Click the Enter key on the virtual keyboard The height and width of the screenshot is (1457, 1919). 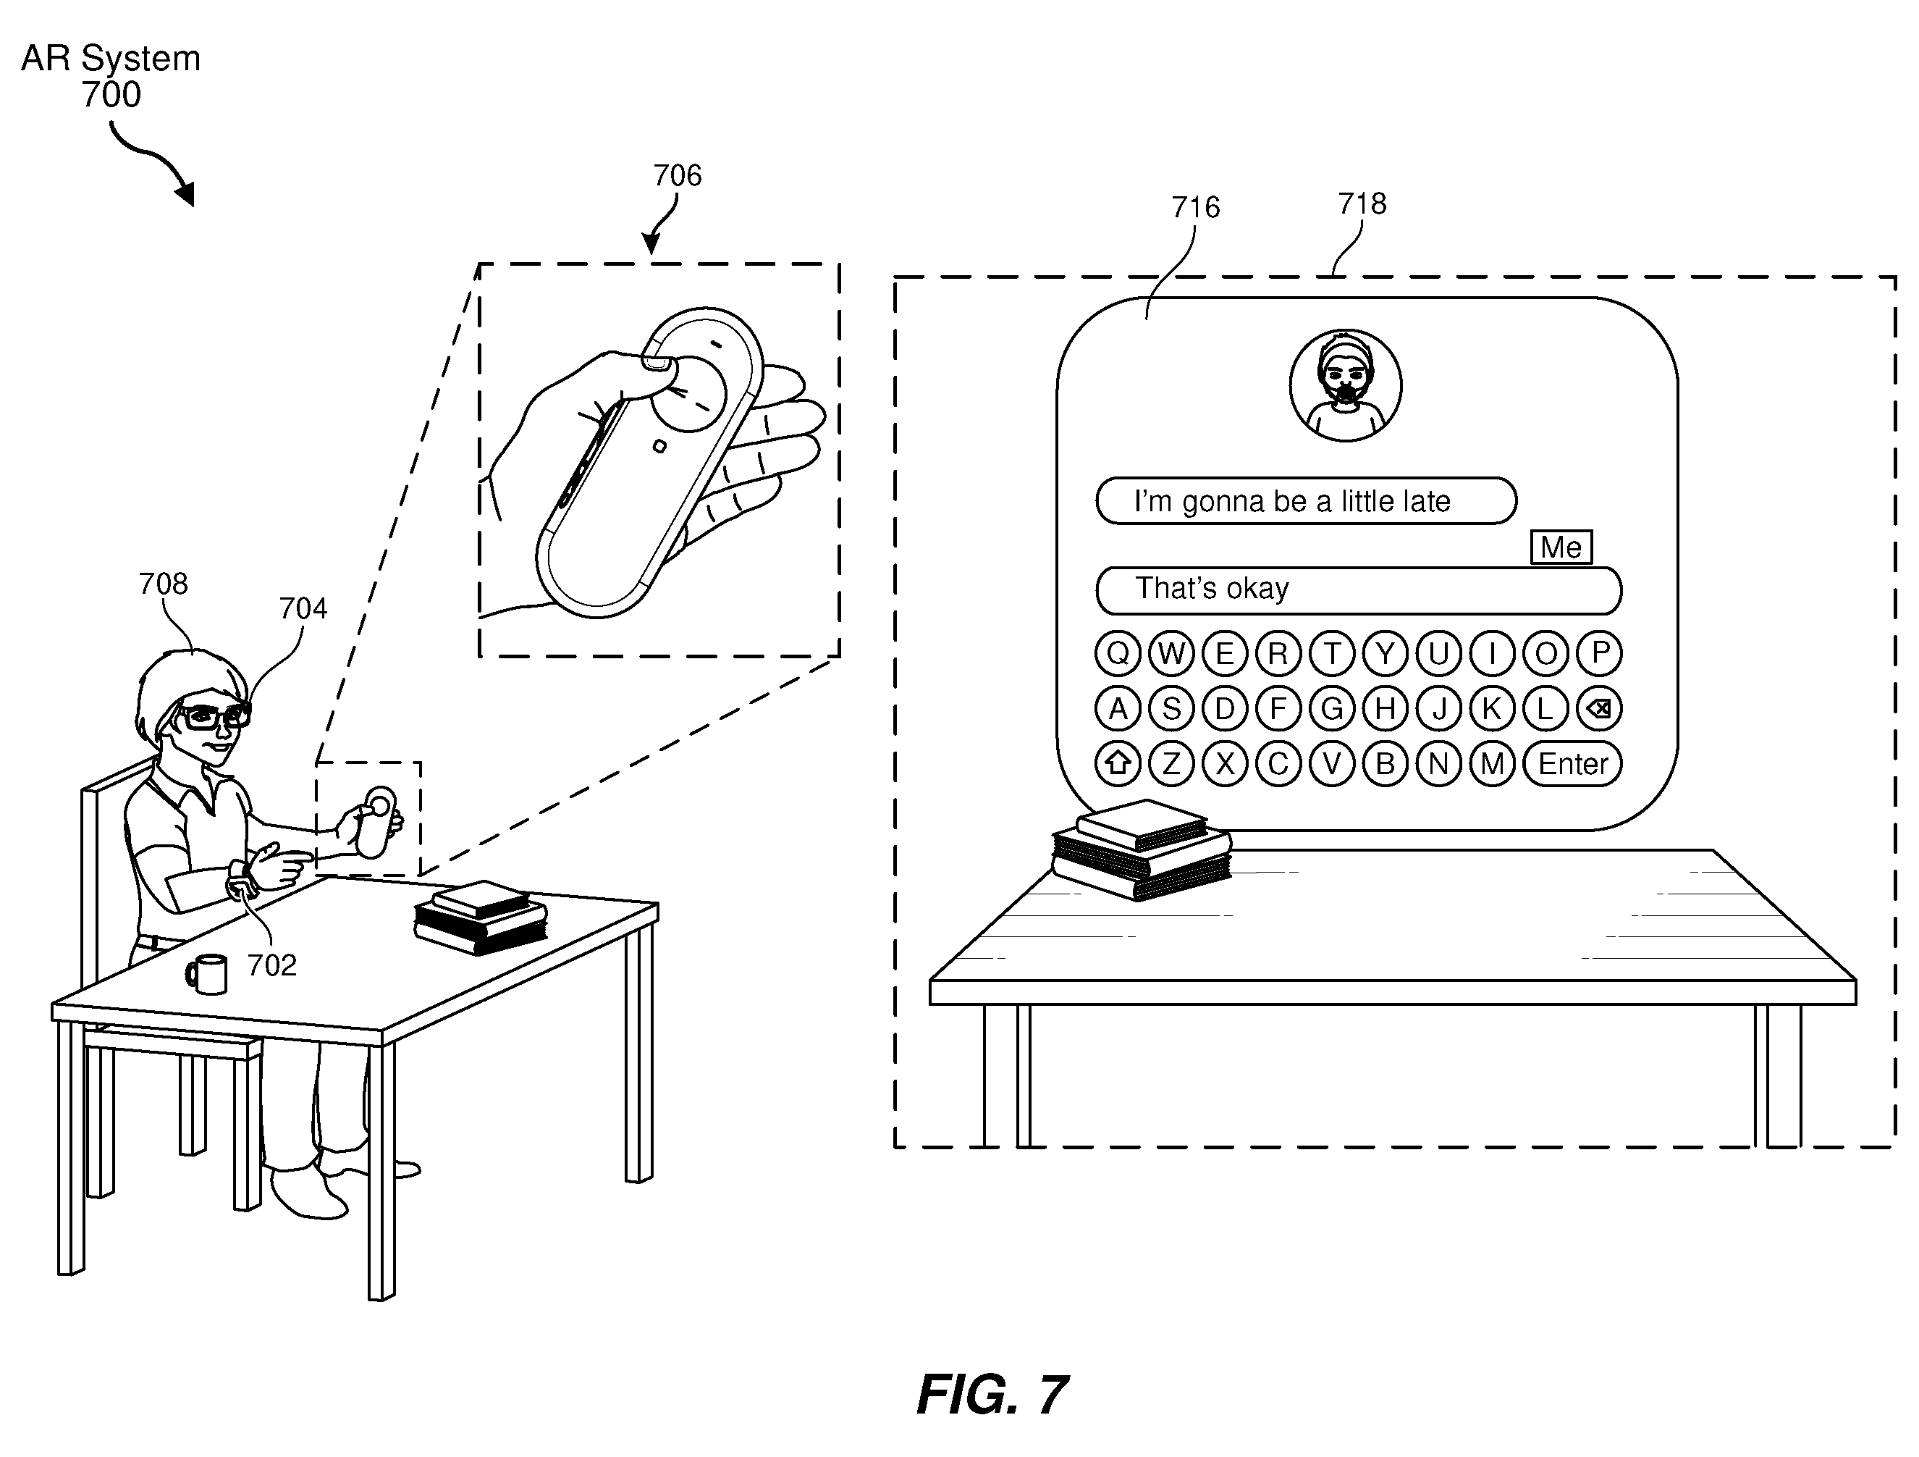point(1572,764)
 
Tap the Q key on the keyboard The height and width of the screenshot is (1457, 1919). point(1118,652)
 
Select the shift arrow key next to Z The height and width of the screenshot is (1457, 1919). point(1118,764)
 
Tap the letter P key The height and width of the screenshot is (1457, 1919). point(1600,652)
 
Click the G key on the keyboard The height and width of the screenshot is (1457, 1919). point(1332,709)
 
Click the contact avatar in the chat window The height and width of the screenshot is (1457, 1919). point(1346,385)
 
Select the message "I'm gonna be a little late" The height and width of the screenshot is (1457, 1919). point(1307,500)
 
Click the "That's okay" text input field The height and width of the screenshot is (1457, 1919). point(1359,591)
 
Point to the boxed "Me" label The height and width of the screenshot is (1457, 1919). point(1561,547)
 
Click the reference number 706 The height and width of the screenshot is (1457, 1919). point(678,175)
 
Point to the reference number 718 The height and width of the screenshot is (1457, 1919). point(1362,204)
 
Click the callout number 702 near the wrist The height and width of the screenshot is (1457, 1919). point(271,965)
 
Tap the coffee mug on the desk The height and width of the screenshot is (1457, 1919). point(207,974)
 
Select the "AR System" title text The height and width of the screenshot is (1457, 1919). point(111,59)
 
